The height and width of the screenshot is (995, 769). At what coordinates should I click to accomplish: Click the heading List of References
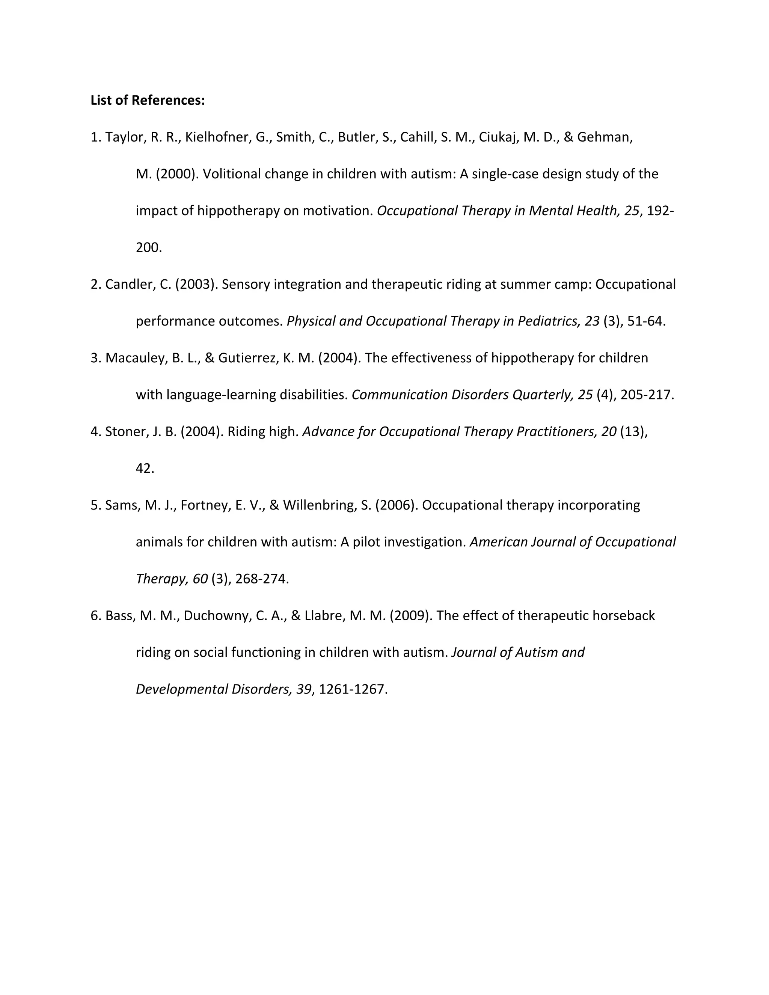coord(148,100)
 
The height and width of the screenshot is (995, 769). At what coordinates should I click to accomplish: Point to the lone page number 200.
coord(149,248)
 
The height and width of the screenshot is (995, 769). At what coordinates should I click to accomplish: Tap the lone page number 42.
coord(145,468)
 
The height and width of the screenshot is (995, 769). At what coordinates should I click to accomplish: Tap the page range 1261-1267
coord(353,689)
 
